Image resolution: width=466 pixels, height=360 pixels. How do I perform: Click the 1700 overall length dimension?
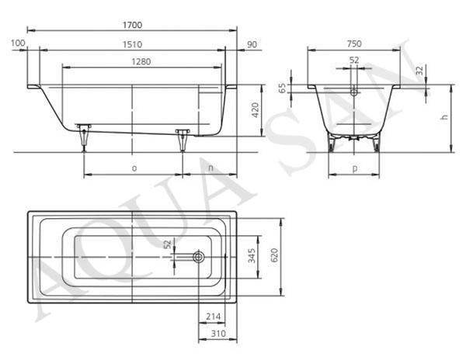[x=132, y=25]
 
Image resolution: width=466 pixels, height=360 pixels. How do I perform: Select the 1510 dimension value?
[x=132, y=44]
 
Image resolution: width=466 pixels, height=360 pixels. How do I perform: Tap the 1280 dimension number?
[x=141, y=62]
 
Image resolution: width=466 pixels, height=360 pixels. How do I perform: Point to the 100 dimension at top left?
[x=18, y=43]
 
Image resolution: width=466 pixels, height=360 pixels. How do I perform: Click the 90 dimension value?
[x=252, y=44]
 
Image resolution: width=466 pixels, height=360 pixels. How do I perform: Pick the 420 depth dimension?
[x=256, y=110]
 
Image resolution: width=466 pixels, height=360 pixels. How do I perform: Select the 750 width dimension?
[x=354, y=44]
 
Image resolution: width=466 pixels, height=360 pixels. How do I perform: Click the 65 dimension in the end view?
[x=283, y=88]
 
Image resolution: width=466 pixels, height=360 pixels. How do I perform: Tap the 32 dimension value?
[x=419, y=71]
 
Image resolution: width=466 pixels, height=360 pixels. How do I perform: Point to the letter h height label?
[x=444, y=117]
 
